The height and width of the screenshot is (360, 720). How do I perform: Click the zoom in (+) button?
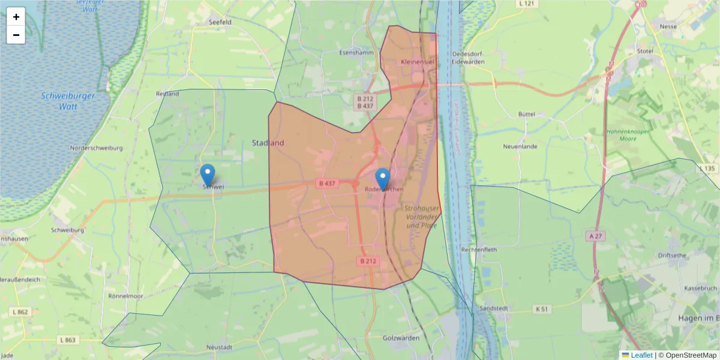(16, 17)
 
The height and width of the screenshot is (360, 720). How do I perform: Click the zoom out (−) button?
(16, 35)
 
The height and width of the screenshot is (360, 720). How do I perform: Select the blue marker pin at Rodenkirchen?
(382, 179)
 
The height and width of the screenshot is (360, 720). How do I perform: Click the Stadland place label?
(268, 143)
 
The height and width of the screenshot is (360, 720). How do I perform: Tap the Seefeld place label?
(220, 22)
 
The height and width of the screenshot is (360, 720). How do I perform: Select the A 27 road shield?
(595, 237)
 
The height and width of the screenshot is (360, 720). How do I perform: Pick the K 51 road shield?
(542, 309)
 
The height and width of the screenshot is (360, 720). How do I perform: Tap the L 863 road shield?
(68, 340)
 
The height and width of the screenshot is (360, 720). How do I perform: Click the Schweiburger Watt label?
(60, 101)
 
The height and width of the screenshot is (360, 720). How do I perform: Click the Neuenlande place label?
(520, 146)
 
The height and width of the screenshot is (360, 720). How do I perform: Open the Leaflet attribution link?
(641, 355)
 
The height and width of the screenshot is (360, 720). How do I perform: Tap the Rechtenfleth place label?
(478, 249)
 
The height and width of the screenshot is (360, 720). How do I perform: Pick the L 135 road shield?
(708, 169)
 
